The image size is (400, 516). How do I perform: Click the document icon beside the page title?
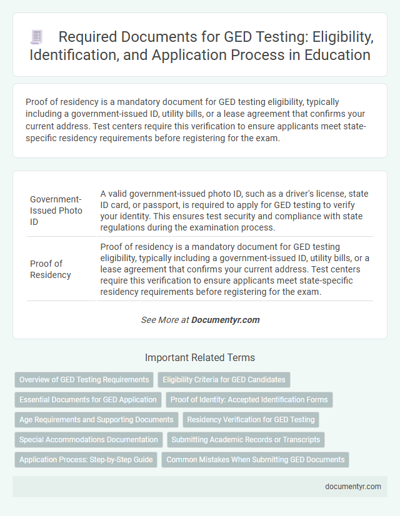click(36, 37)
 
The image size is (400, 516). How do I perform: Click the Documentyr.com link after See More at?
click(225, 320)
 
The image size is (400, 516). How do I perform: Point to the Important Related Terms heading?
click(200, 358)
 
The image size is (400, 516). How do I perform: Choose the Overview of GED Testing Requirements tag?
click(84, 379)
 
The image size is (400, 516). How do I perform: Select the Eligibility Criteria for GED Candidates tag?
click(224, 379)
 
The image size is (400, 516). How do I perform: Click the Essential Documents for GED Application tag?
click(88, 399)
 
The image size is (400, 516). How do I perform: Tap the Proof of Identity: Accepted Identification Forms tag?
click(249, 399)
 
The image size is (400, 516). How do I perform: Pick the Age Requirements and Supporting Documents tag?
click(96, 420)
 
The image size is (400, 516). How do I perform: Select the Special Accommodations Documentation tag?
click(88, 440)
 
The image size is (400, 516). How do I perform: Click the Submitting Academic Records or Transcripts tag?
click(246, 440)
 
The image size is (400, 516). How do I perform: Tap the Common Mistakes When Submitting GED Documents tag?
click(255, 460)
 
